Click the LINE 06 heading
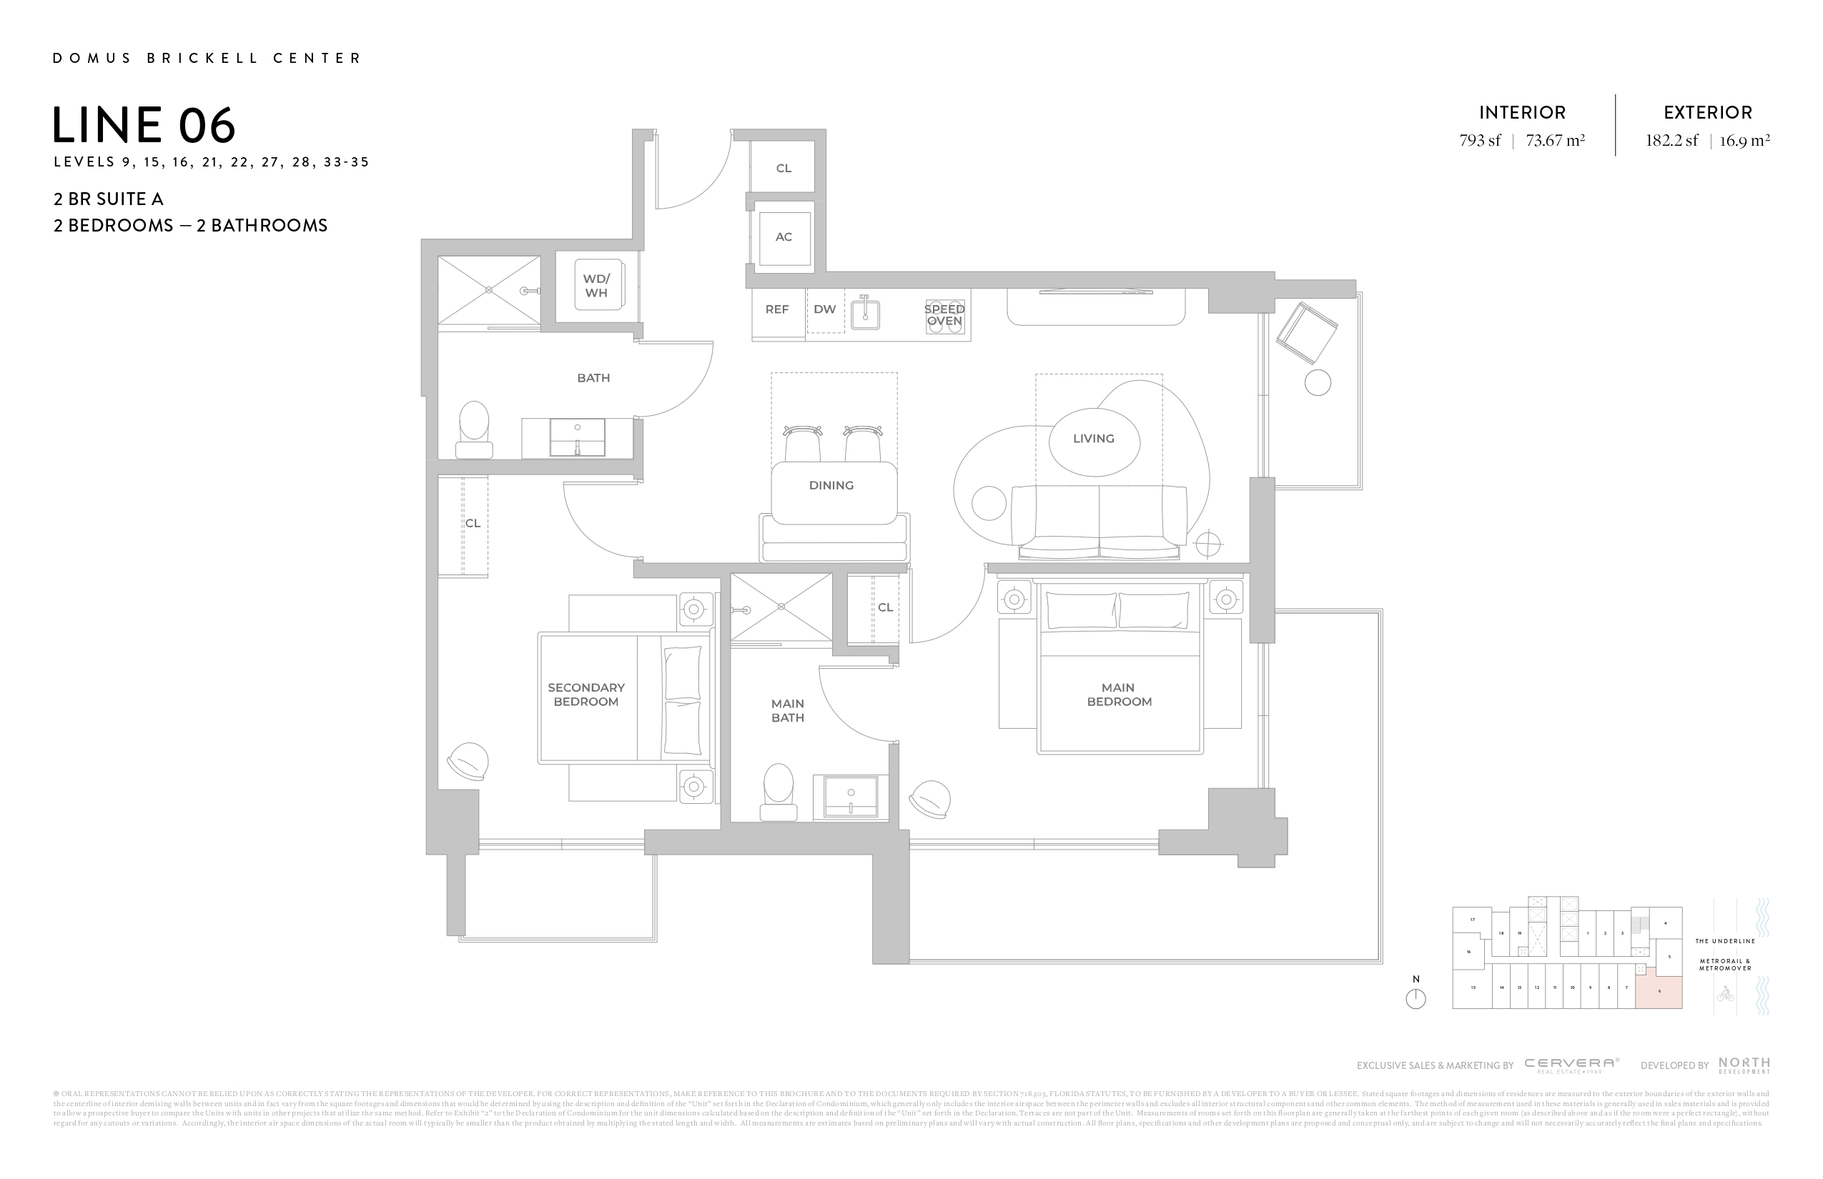[x=144, y=125]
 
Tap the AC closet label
[x=783, y=237]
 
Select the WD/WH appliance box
[x=598, y=286]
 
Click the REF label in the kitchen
[x=776, y=309]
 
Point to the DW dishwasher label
[x=824, y=309]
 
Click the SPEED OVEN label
[x=944, y=314]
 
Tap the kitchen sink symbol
[x=865, y=312]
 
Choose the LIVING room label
[x=1093, y=439]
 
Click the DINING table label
[x=831, y=485]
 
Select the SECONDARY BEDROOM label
[x=586, y=695]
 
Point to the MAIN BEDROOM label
[x=1119, y=695]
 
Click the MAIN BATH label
[x=787, y=710]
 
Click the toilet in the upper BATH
[x=474, y=429]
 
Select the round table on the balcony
[x=1318, y=383]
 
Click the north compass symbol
[x=1416, y=999]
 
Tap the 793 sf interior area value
[x=1480, y=141]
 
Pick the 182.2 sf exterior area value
[x=1671, y=141]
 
